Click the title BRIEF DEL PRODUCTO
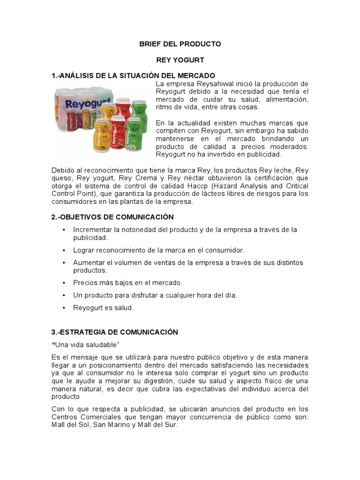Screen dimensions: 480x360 click(180, 44)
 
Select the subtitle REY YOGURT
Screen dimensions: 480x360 click(180, 60)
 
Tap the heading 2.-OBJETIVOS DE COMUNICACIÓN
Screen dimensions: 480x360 click(112, 217)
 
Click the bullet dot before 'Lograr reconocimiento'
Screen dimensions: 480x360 click(63, 250)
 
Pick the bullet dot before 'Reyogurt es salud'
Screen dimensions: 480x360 click(63, 308)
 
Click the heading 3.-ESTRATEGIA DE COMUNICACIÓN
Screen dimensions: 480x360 click(115, 332)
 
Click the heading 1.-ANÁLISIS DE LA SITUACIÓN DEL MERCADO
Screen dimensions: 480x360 click(133, 75)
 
